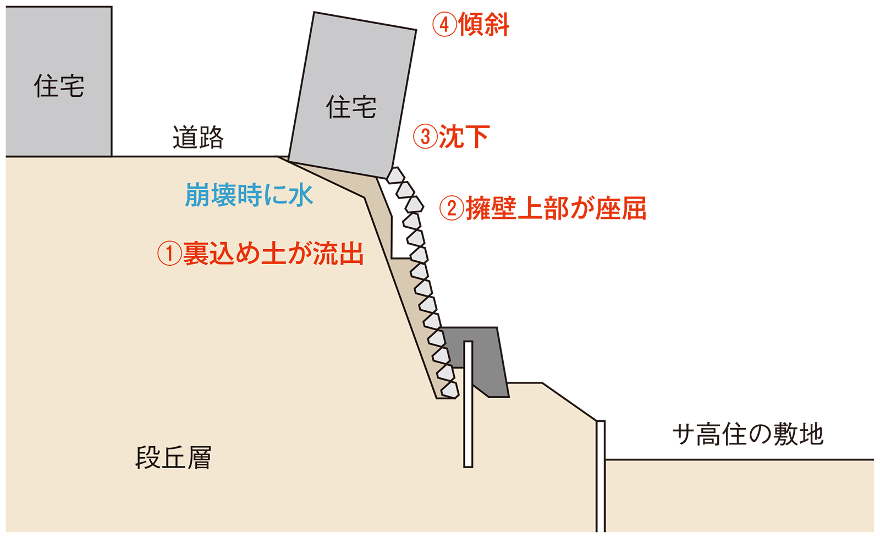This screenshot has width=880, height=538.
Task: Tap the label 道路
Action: pyautogui.click(x=198, y=138)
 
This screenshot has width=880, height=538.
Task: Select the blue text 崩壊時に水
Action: pyautogui.click(x=249, y=195)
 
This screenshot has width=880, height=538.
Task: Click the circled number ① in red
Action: pyautogui.click(x=169, y=254)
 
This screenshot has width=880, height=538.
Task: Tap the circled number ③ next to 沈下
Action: pyautogui.click(x=425, y=136)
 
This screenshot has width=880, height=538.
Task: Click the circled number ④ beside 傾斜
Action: pyautogui.click(x=444, y=25)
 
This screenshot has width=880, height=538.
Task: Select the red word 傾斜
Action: pyautogui.click(x=484, y=25)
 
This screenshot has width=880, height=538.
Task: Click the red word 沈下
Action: pyautogui.click(x=464, y=136)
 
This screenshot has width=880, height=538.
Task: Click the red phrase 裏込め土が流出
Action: pyautogui.click(x=273, y=254)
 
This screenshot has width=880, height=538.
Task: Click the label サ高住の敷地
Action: pyautogui.click(x=748, y=435)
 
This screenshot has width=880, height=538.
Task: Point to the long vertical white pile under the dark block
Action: pyautogui.click(x=468, y=418)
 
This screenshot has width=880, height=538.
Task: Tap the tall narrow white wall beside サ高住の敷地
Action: pyautogui.click(x=601, y=476)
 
